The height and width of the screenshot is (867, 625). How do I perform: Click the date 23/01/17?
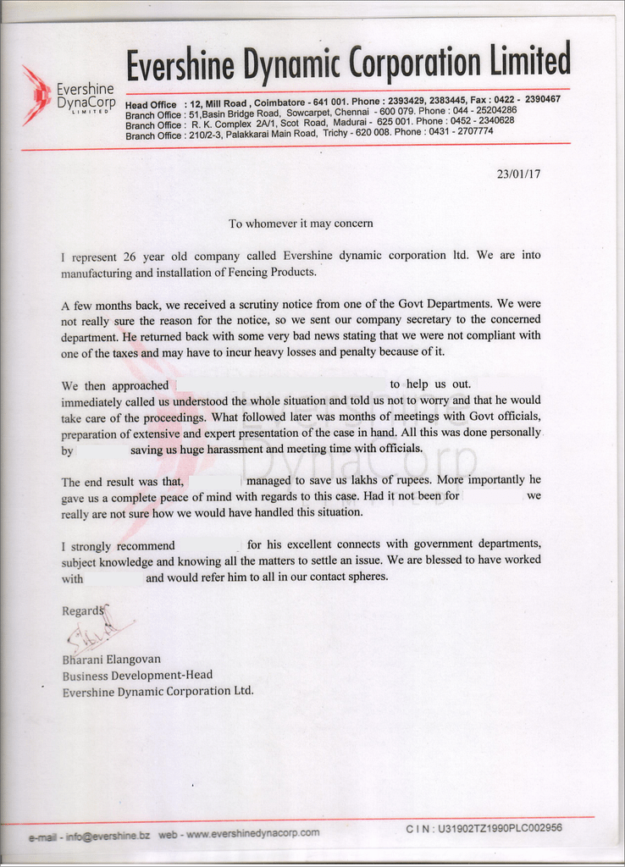pyautogui.click(x=518, y=174)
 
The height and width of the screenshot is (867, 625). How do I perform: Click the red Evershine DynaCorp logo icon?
pyautogui.click(x=36, y=94)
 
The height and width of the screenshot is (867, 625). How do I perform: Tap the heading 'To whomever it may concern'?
pyautogui.click(x=301, y=224)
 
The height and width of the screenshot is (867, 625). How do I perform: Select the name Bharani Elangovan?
pyautogui.click(x=111, y=659)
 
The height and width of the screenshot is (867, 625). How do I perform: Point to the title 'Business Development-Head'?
pyautogui.click(x=137, y=675)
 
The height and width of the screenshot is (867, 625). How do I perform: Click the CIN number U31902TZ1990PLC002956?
pyautogui.click(x=500, y=828)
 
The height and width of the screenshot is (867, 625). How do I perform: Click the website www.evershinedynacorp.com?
pyautogui.click(x=252, y=833)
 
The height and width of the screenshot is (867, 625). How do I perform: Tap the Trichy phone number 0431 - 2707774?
pyautogui.click(x=461, y=132)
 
